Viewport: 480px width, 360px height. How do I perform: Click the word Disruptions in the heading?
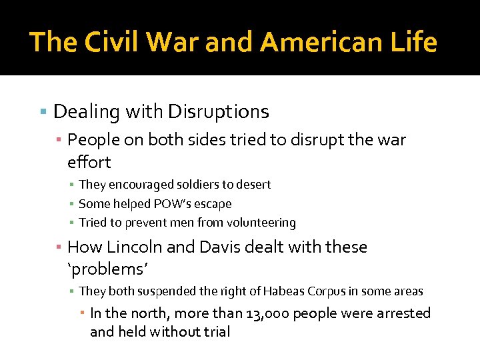[x=219, y=111]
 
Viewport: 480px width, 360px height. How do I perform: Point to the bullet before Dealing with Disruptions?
[x=43, y=111]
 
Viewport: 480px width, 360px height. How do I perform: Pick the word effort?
[x=89, y=162]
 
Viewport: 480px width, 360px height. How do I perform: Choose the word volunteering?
[x=263, y=223]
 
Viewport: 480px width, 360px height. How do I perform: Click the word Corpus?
[x=327, y=291]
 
